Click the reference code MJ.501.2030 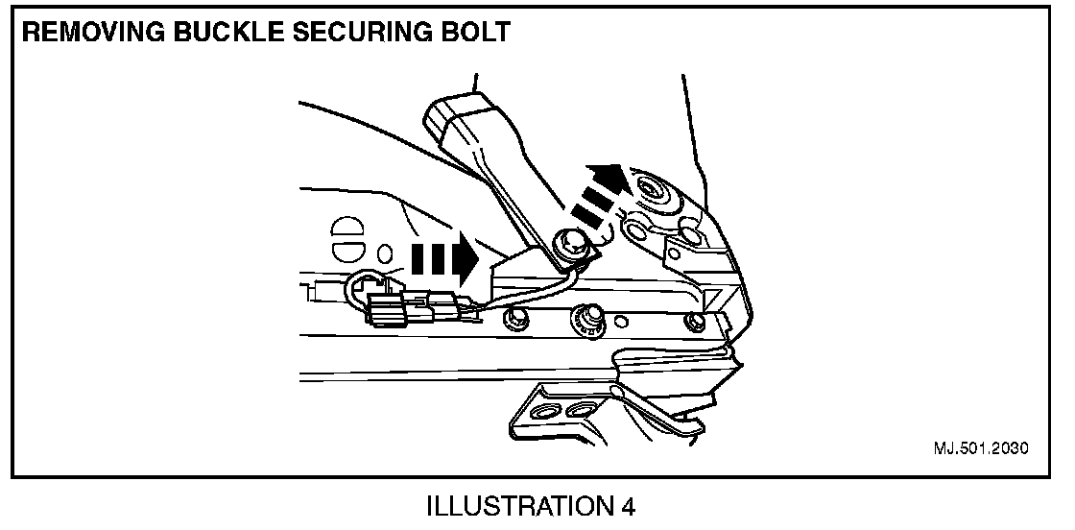pyautogui.click(x=978, y=448)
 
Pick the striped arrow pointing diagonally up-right pyautogui.click(x=596, y=192)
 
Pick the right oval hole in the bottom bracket pyautogui.click(x=580, y=411)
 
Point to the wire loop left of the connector pyautogui.click(x=363, y=284)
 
